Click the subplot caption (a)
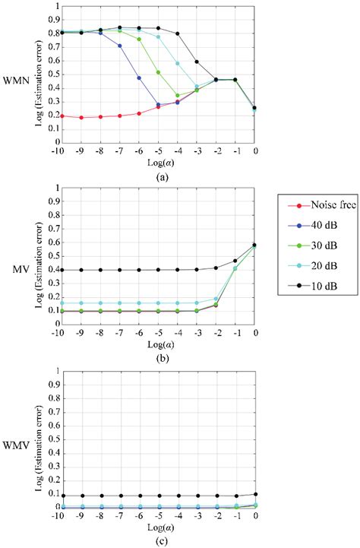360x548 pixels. (x=156, y=176)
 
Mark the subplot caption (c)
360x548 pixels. (x=156, y=538)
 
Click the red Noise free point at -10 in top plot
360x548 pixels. (x=57, y=116)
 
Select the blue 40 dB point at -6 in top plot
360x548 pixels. (x=138, y=78)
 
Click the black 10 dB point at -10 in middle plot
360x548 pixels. (x=57, y=270)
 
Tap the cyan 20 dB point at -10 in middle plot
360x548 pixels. (x=57, y=303)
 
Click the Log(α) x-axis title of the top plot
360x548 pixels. (x=156, y=161)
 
